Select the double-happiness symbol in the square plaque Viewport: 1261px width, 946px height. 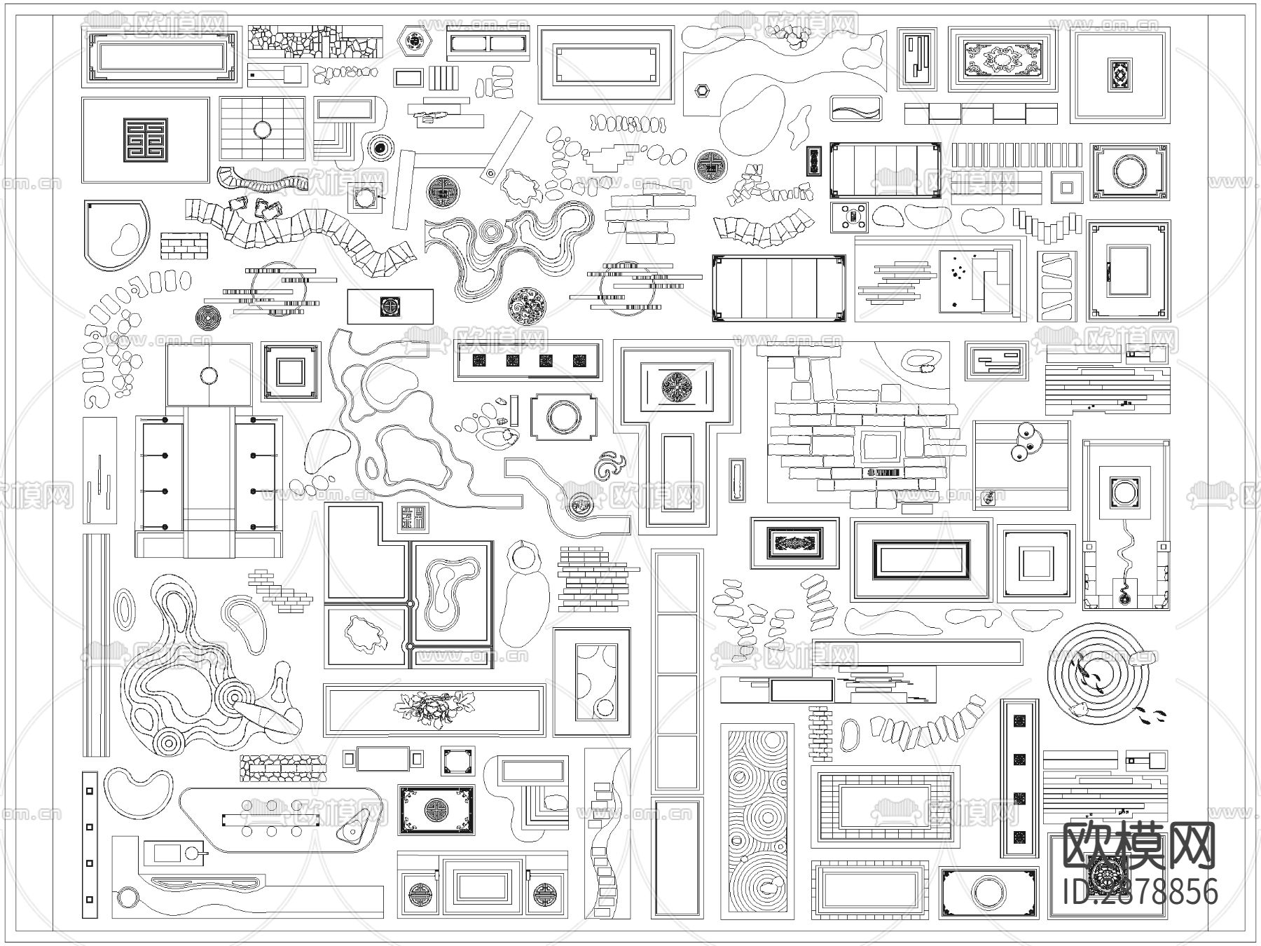(x=145, y=140)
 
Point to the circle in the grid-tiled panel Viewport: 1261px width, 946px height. (x=262, y=130)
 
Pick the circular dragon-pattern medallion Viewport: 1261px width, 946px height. (x=527, y=306)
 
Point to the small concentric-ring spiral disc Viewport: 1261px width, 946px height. (x=208, y=317)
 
